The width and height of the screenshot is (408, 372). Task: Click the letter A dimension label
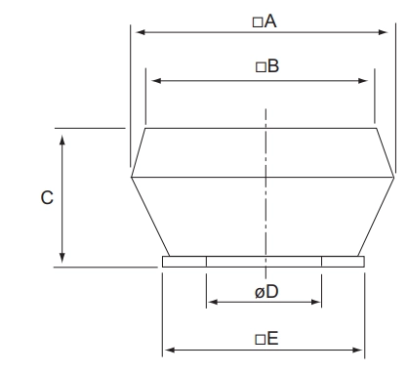(x=270, y=21)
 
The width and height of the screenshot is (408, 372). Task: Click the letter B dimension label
(x=273, y=66)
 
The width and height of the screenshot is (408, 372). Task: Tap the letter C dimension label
(x=47, y=197)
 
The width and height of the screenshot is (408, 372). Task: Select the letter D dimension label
(x=272, y=292)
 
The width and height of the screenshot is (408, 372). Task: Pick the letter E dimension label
(x=272, y=339)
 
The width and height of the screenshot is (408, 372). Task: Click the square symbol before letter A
(x=258, y=22)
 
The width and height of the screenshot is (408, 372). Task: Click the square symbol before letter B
(x=261, y=67)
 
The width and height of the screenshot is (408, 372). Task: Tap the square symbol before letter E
(x=261, y=340)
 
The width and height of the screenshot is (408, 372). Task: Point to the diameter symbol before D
(x=260, y=293)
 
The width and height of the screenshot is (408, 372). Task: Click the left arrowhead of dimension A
(x=141, y=32)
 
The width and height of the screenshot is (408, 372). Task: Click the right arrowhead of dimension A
(x=384, y=32)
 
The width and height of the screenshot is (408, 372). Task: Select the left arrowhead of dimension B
(x=156, y=80)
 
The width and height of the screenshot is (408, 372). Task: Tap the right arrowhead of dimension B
(x=363, y=81)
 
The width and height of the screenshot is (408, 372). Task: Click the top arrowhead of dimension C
(x=62, y=140)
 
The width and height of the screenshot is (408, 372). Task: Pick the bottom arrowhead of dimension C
(x=62, y=258)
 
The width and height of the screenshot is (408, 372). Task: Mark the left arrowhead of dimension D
(x=213, y=302)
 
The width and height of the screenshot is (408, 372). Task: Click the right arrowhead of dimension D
(x=315, y=302)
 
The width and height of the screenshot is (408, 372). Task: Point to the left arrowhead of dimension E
(x=170, y=350)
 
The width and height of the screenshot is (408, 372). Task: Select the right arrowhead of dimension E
(x=357, y=351)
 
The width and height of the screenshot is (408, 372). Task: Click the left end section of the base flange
(x=184, y=262)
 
